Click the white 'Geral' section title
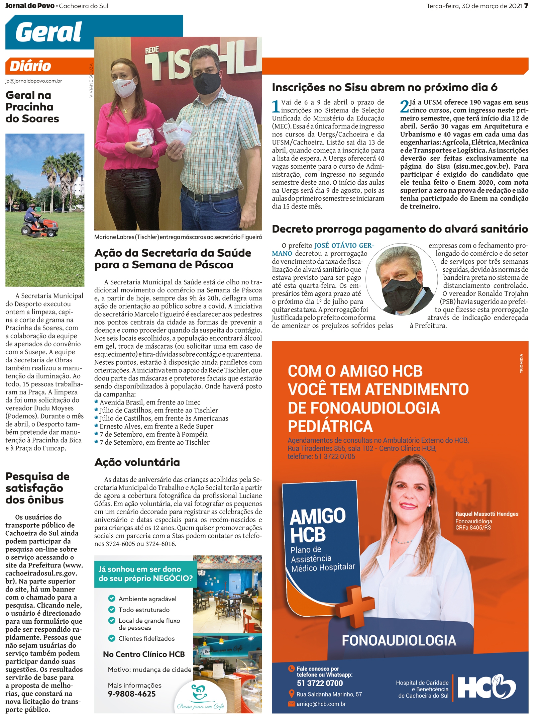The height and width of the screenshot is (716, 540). [48, 32]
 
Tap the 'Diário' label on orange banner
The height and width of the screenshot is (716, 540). [30, 66]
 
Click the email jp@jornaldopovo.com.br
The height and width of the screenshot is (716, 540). [33, 81]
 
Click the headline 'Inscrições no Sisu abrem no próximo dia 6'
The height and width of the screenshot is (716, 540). [385, 87]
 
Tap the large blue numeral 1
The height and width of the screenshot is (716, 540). [276, 106]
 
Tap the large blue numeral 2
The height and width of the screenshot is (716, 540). [404, 106]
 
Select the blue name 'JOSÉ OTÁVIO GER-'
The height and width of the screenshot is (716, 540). [344, 246]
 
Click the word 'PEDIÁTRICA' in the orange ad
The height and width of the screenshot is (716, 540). [330, 426]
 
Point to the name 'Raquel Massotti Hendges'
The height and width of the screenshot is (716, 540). [487, 514]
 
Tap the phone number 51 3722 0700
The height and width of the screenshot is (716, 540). [320, 683]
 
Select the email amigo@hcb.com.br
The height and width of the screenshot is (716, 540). [321, 704]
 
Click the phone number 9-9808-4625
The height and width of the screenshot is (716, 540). [132, 694]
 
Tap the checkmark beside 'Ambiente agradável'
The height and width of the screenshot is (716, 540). [112, 598]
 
